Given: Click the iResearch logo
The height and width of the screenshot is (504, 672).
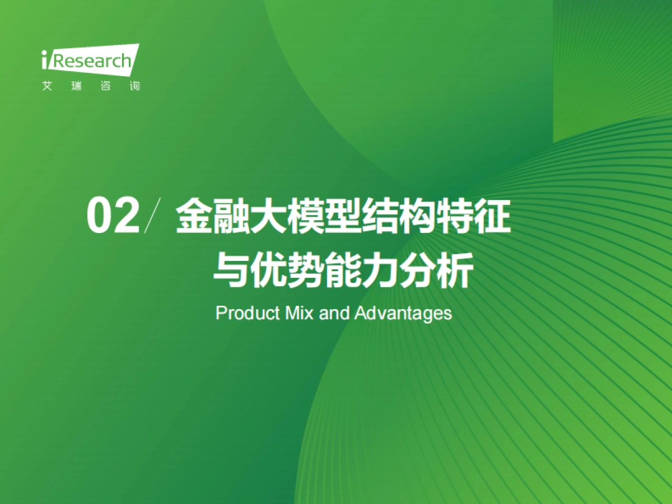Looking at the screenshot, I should point(90,60).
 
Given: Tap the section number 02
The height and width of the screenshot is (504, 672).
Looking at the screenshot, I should point(113,216).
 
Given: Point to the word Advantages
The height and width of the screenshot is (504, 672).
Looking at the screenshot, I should point(403,313).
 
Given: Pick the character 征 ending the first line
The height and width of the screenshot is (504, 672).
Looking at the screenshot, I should point(493,216).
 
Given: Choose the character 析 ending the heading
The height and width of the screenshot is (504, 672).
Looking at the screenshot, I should point(455,270).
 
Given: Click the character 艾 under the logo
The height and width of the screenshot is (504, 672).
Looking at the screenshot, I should point(46,87).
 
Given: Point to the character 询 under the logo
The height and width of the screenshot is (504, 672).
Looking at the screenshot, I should point(134,87).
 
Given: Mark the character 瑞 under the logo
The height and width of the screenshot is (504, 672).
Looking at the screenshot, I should point(76,87).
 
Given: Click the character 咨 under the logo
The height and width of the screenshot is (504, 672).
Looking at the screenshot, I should point(105,87).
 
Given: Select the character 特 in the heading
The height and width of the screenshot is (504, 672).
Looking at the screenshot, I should point(455,216).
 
